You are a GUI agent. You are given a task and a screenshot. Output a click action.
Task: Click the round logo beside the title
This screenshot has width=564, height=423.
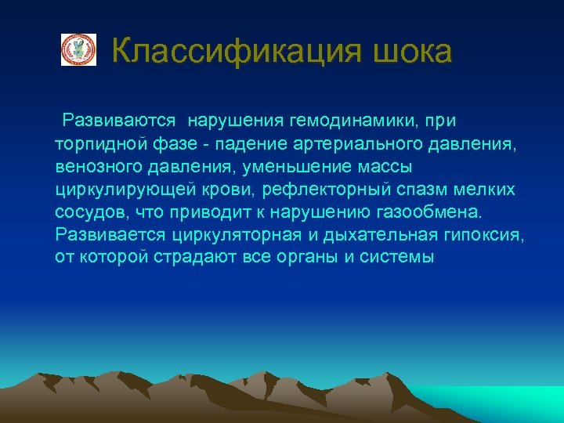tap(78, 50)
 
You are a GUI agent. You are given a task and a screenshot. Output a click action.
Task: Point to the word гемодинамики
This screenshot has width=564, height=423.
tap(355, 121)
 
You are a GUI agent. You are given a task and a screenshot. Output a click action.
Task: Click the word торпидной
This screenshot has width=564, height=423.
tap(97, 144)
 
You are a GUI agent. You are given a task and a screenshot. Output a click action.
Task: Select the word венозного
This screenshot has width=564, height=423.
tap(94, 167)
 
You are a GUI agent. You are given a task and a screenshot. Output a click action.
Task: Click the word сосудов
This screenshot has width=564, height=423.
tap(87, 212)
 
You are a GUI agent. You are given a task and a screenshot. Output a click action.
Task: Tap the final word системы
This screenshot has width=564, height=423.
tap(398, 258)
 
